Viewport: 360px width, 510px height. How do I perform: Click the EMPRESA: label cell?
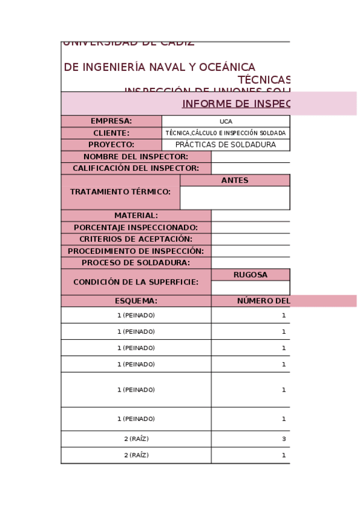111,121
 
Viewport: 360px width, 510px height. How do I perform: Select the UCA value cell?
225,121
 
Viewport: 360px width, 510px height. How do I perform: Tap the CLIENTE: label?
111,133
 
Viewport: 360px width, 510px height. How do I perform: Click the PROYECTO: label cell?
111,145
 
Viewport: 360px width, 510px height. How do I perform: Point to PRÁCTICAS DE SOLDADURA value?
225,145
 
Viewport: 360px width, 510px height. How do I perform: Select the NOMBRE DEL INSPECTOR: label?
136,157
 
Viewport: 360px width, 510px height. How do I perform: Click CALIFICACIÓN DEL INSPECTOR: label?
136,168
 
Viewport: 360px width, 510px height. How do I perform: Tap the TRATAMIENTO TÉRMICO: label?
120,192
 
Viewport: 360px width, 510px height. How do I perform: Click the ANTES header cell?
234,180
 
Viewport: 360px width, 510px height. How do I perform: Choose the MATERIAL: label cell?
136,215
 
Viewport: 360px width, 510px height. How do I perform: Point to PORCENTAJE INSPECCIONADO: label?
136,227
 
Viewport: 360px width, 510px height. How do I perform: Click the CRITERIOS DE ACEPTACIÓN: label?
136,239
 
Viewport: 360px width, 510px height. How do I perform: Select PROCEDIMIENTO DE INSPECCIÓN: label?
136,251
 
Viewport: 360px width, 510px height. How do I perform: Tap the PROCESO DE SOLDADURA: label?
136,263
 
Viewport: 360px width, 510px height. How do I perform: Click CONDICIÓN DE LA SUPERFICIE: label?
136,282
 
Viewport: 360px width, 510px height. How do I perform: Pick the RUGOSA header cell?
250,275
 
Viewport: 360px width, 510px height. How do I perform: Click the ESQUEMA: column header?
136,301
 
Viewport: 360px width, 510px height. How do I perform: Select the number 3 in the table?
284,439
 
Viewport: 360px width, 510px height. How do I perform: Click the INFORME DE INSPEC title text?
236,103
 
